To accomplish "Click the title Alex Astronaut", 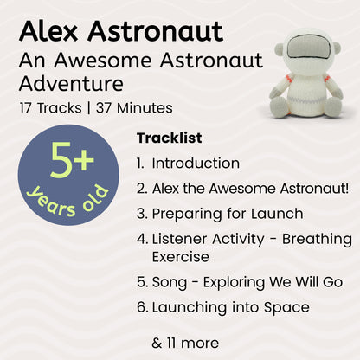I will coord(120,32).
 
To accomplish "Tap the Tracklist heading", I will coord(169,138).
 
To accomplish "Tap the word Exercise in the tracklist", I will coord(180,256).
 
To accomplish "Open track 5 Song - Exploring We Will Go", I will coord(247,281).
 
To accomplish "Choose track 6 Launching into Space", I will coord(230,306).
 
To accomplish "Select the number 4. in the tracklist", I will coord(142,238).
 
